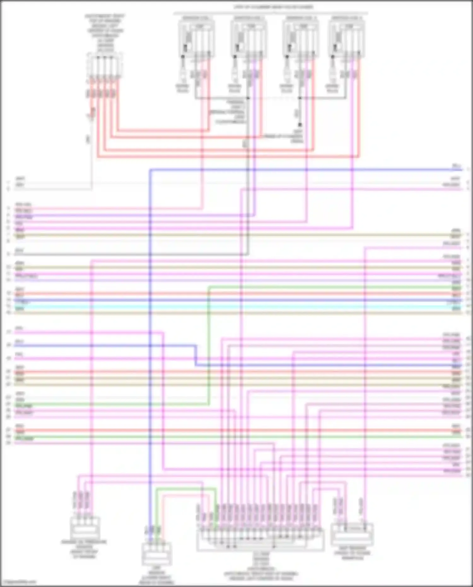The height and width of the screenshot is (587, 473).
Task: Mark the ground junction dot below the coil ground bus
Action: [300, 125]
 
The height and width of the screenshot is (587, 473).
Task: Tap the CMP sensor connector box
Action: [157, 554]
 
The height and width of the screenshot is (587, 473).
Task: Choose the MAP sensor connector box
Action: [352, 535]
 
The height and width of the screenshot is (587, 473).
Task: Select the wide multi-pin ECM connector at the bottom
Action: [260, 539]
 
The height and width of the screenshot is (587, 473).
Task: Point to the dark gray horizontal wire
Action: [126, 254]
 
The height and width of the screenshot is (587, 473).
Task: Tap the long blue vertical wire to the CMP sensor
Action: [150, 347]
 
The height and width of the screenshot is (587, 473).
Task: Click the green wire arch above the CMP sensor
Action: [186, 489]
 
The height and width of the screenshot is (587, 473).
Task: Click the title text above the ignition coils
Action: [273, 7]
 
